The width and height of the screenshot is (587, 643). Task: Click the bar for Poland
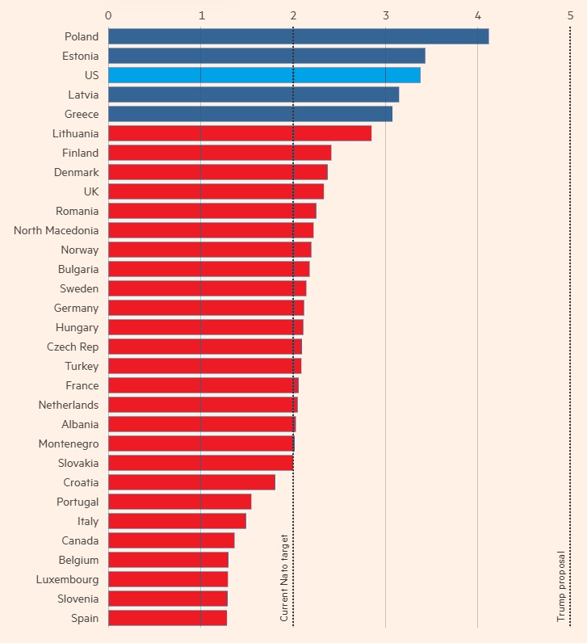(x=298, y=36)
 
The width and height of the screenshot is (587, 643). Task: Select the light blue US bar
(x=264, y=75)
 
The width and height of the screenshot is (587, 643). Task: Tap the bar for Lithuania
(x=239, y=133)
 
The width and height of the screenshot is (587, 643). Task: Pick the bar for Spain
(x=167, y=618)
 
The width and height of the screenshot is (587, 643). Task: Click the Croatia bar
(x=191, y=482)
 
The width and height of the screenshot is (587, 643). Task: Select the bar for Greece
(x=249, y=114)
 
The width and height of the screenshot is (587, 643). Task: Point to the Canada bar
(x=171, y=540)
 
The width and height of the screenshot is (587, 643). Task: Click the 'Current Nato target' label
(x=284, y=578)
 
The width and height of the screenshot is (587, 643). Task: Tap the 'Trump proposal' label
(x=561, y=586)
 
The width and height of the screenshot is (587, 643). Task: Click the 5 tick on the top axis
(x=571, y=15)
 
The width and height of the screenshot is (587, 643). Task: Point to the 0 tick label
(x=108, y=15)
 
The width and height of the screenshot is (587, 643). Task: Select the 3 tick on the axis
(x=386, y=15)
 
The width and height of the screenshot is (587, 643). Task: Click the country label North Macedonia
(x=56, y=230)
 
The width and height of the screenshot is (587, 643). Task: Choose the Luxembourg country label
(x=67, y=579)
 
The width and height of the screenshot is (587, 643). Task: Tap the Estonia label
(x=80, y=56)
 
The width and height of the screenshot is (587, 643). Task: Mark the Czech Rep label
(x=73, y=347)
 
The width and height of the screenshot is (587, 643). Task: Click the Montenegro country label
(x=69, y=443)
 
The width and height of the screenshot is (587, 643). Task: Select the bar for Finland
(x=220, y=153)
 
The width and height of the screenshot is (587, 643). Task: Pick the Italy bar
(x=177, y=521)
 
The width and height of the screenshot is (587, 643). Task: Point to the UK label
(x=90, y=191)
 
